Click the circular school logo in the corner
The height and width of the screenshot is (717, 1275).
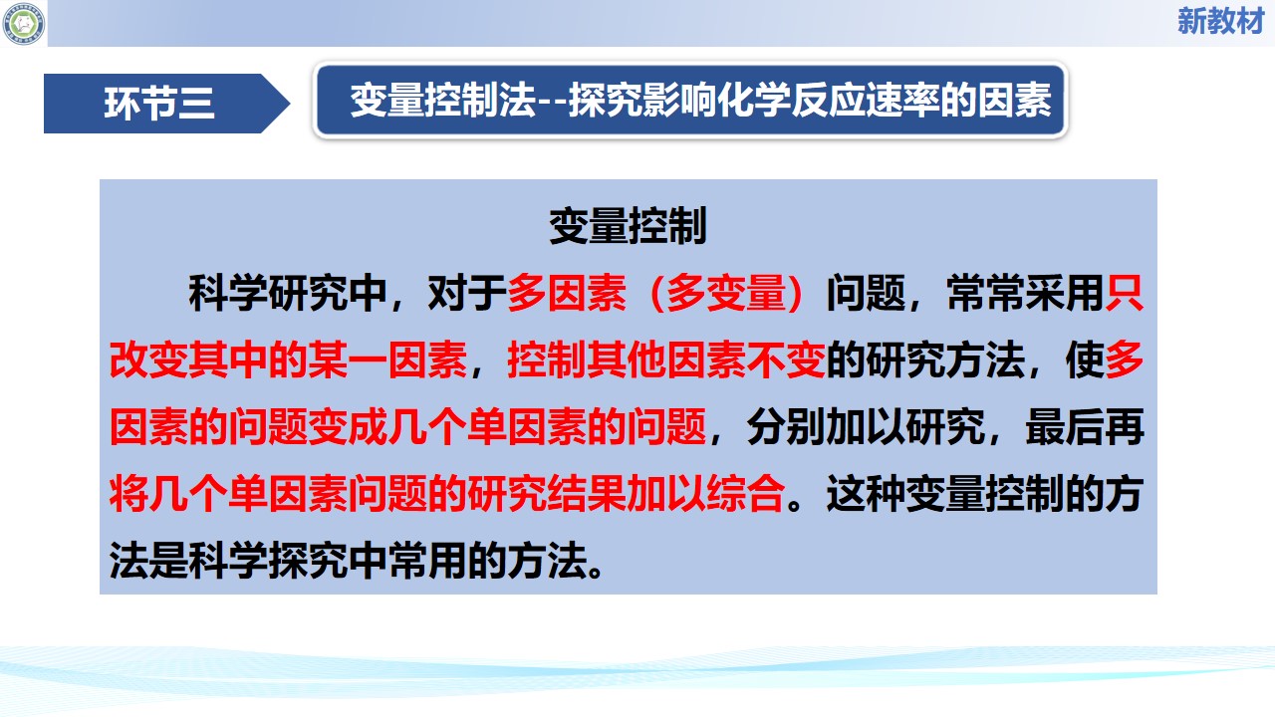coord(23,23)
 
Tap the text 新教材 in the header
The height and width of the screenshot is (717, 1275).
coord(1220,22)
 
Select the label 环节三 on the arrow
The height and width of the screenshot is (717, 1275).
coord(158,104)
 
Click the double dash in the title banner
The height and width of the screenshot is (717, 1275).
coord(553,103)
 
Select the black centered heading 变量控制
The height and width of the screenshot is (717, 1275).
coord(628,226)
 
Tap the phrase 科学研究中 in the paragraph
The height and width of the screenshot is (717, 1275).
coord(288,293)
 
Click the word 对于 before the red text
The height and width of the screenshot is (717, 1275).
coord(467,293)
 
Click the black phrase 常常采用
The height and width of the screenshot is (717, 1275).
coord(1025,293)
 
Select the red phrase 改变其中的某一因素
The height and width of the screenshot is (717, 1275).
coord(288,360)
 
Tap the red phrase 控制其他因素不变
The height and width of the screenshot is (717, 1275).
coord(666,360)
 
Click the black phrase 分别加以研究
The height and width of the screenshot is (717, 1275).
coord(866,427)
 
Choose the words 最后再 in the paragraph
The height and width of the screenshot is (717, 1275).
coord(1085,427)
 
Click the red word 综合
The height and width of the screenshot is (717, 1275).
coord(746,493)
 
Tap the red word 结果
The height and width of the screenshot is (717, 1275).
coord(587,493)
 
